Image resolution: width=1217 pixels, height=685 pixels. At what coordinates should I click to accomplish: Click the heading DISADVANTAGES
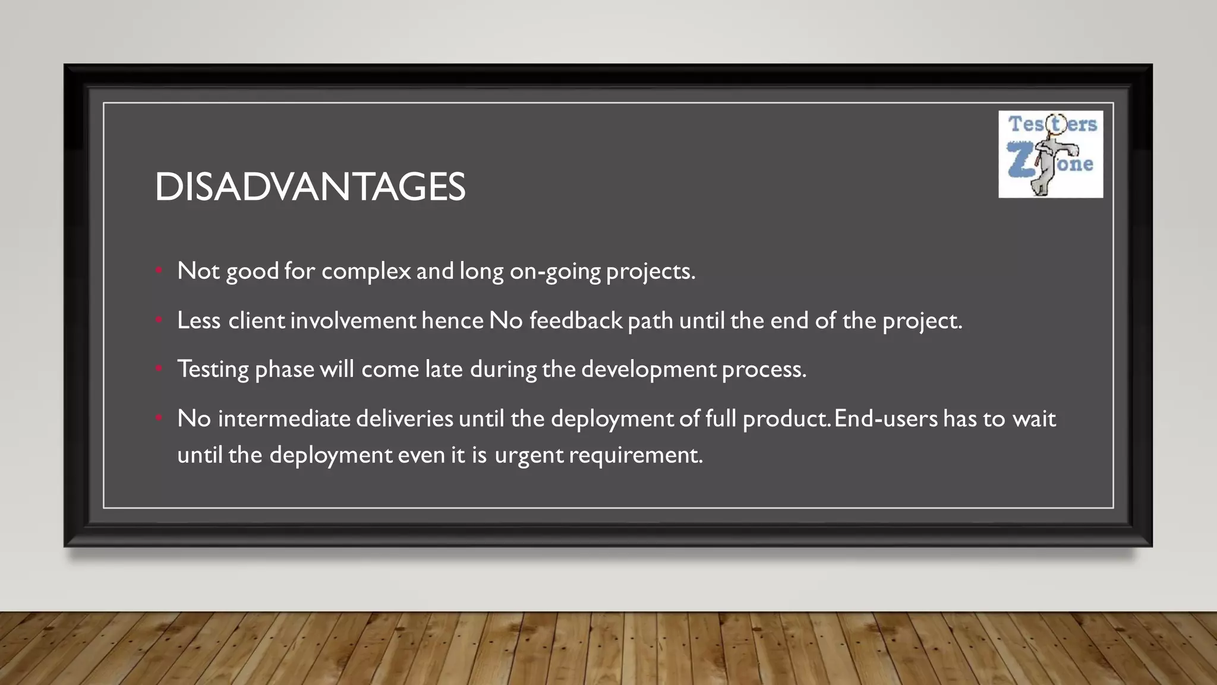coord(310,187)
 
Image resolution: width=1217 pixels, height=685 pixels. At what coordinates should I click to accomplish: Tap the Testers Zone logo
coord(1050,154)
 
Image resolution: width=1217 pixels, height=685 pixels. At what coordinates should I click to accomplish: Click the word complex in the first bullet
coord(366,271)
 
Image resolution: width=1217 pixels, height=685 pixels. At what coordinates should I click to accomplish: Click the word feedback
coord(575,320)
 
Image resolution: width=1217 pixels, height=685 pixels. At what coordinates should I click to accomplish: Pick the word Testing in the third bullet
coord(213,369)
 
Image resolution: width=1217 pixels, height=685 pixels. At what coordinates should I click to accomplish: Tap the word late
coord(443,369)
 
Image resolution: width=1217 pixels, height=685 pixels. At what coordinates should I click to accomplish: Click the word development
coord(648,369)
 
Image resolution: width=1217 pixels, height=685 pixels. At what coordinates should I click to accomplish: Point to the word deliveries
coord(405,419)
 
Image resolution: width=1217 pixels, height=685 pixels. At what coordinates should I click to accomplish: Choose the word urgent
coord(528,455)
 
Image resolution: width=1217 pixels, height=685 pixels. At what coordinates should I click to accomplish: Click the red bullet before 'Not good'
coord(159,271)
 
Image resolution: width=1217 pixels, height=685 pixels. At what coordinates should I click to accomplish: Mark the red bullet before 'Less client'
coord(159,320)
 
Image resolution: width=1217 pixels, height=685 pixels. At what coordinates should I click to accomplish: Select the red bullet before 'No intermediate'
coord(159,419)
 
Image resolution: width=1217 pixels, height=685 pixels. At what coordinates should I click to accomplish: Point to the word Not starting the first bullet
coord(198,271)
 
